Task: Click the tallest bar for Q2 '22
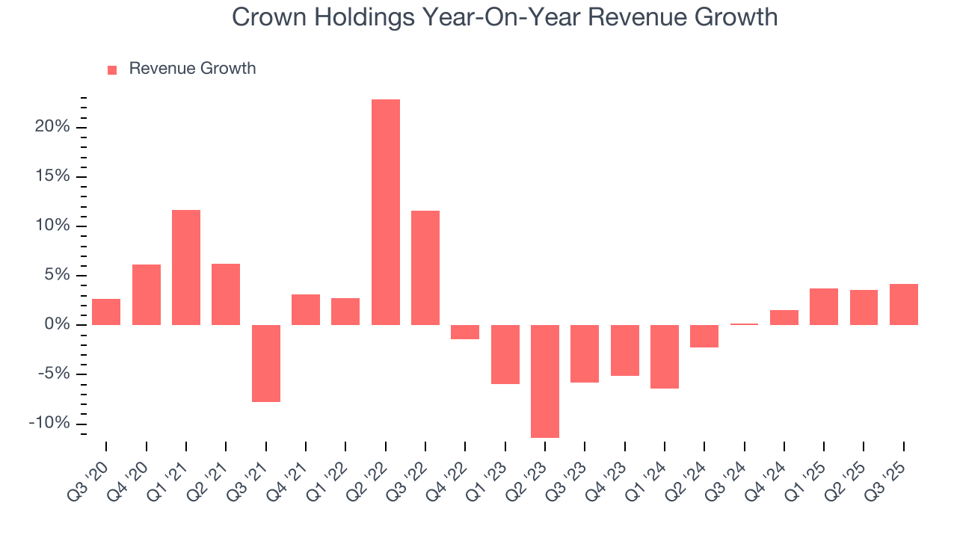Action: [x=385, y=212]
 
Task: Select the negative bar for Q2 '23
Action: [x=545, y=381]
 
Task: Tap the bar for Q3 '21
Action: [x=265, y=363]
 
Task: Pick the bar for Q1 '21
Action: [x=186, y=268]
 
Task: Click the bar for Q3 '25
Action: [x=903, y=304]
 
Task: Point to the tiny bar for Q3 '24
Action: [x=744, y=324]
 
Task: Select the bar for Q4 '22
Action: [x=465, y=332]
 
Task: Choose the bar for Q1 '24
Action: [x=665, y=356]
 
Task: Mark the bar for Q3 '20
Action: [x=106, y=312]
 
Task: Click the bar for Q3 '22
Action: [x=425, y=268]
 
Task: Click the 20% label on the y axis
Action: [x=52, y=127]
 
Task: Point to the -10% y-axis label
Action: [x=49, y=424]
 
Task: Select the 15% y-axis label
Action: [x=52, y=176]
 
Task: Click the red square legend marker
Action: [x=112, y=69]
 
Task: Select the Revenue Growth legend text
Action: [x=192, y=69]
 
